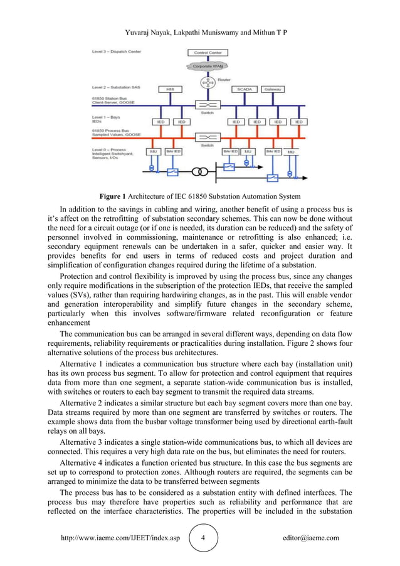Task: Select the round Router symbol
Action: pyautogui.click(x=208, y=82)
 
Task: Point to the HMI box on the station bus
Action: pyautogui.click(x=169, y=90)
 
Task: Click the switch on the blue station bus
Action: pyautogui.click(x=208, y=105)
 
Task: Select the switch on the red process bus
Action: pyautogui.click(x=208, y=137)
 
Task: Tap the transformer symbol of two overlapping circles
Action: pyautogui.click(x=200, y=171)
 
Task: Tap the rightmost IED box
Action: pyautogui.click(x=299, y=122)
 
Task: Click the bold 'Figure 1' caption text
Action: pyautogui.click(x=114, y=196)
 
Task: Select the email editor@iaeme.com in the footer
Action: pyautogui.click(x=311, y=538)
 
